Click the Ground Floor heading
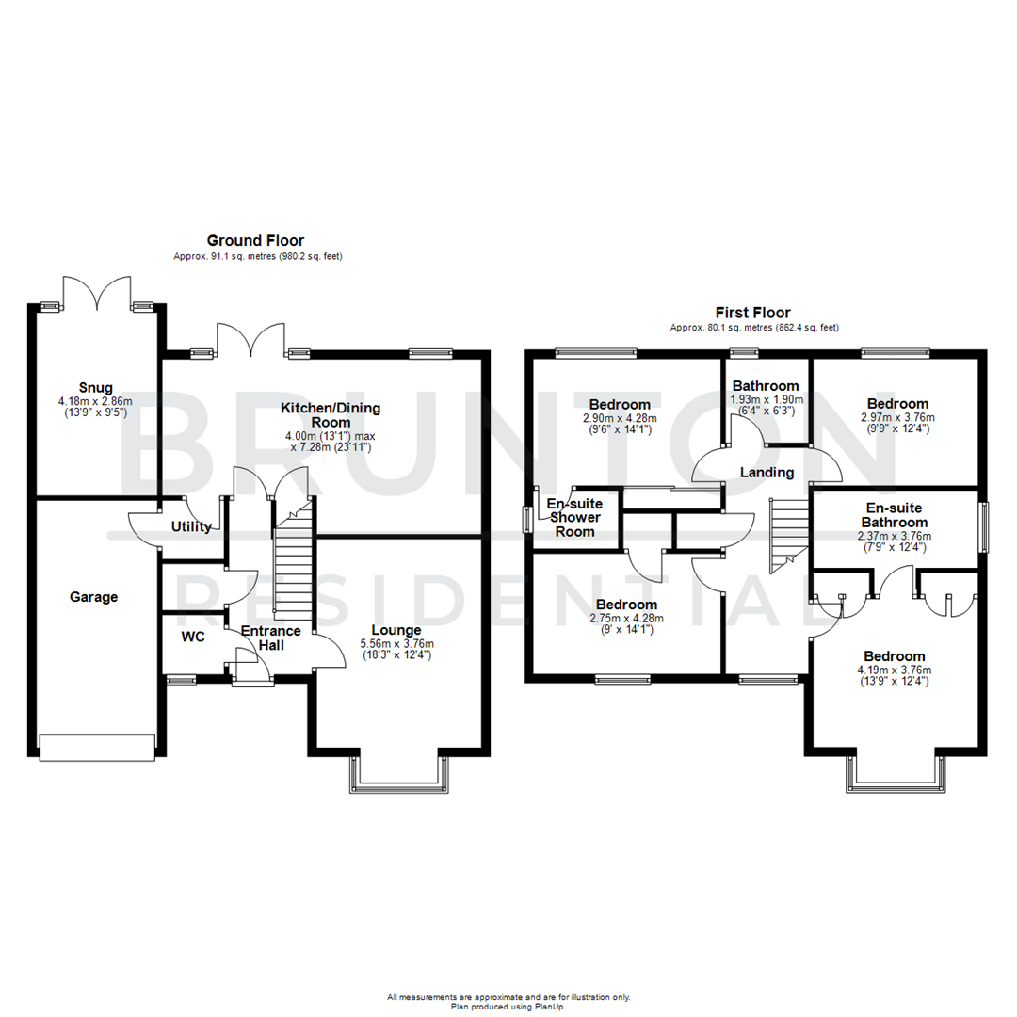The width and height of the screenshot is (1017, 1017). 255,241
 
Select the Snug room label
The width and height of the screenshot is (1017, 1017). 96,387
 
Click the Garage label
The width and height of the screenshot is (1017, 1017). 93,596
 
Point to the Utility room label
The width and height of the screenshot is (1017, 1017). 191,527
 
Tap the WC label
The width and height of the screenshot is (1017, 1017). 193,637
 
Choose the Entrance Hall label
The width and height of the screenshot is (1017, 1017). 270,638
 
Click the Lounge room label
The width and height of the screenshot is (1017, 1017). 395,630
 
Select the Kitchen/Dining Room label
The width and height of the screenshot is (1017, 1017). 323,415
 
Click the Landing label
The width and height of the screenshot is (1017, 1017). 766,473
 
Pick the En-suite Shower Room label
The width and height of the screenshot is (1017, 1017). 574,518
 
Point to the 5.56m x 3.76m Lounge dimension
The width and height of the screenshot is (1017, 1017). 395,644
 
